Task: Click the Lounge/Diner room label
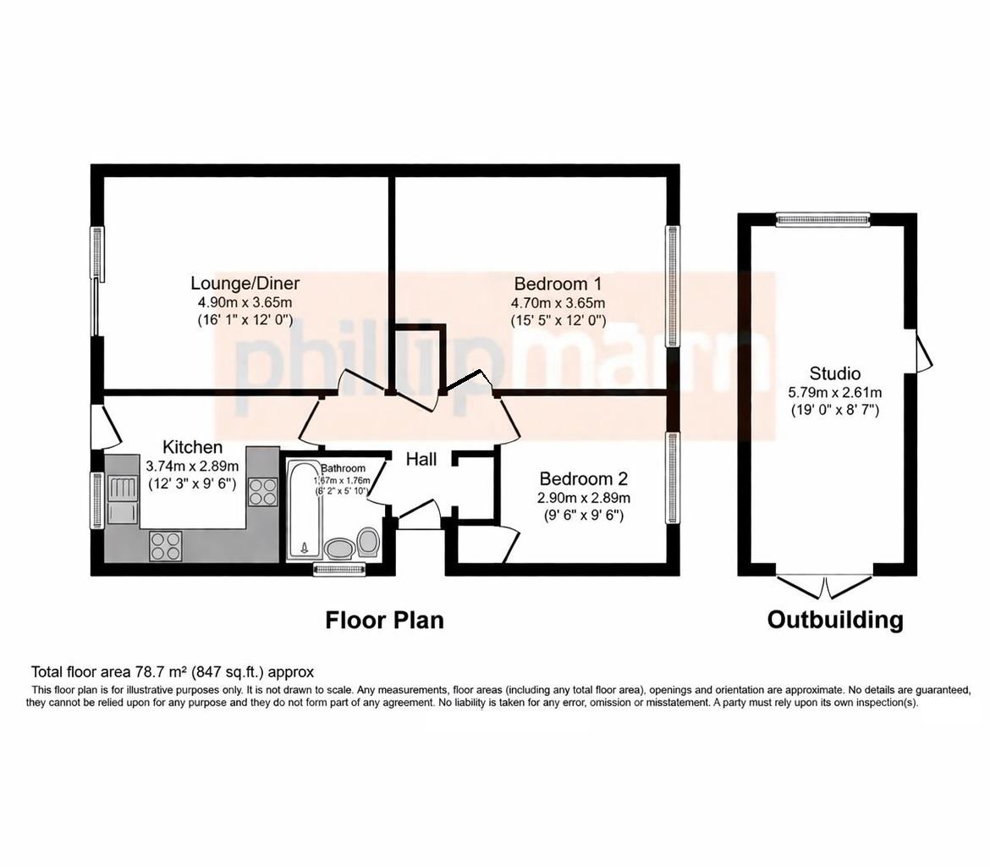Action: tap(245, 284)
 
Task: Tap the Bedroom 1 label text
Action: tap(558, 284)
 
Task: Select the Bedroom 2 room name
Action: tap(583, 479)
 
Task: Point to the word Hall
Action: tap(421, 459)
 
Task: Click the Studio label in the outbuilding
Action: tap(834, 373)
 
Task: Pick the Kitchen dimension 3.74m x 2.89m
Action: tap(192, 466)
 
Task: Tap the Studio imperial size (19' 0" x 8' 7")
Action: tap(834, 411)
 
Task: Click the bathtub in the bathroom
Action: tap(301, 509)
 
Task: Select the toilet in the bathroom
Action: tap(368, 542)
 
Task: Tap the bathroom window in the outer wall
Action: tap(339, 571)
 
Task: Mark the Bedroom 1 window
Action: tap(673, 285)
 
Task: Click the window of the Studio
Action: tap(823, 220)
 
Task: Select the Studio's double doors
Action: tap(824, 584)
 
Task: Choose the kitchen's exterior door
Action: tap(106, 426)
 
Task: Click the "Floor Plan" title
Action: tap(384, 621)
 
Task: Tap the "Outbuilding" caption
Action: tap(834, 621)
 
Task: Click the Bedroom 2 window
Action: tap(673, 478)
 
